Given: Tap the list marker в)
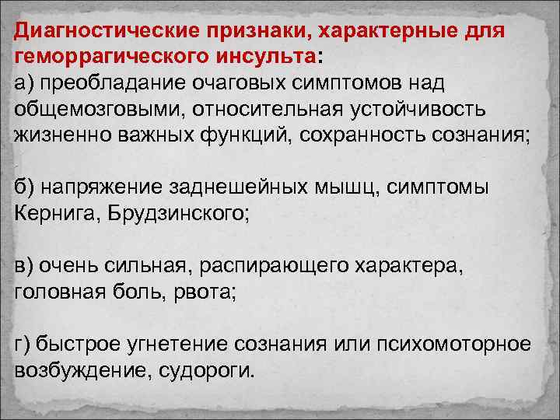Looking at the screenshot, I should click(x=25, y=267).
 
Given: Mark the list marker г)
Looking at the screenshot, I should click(x=24, y=342).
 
